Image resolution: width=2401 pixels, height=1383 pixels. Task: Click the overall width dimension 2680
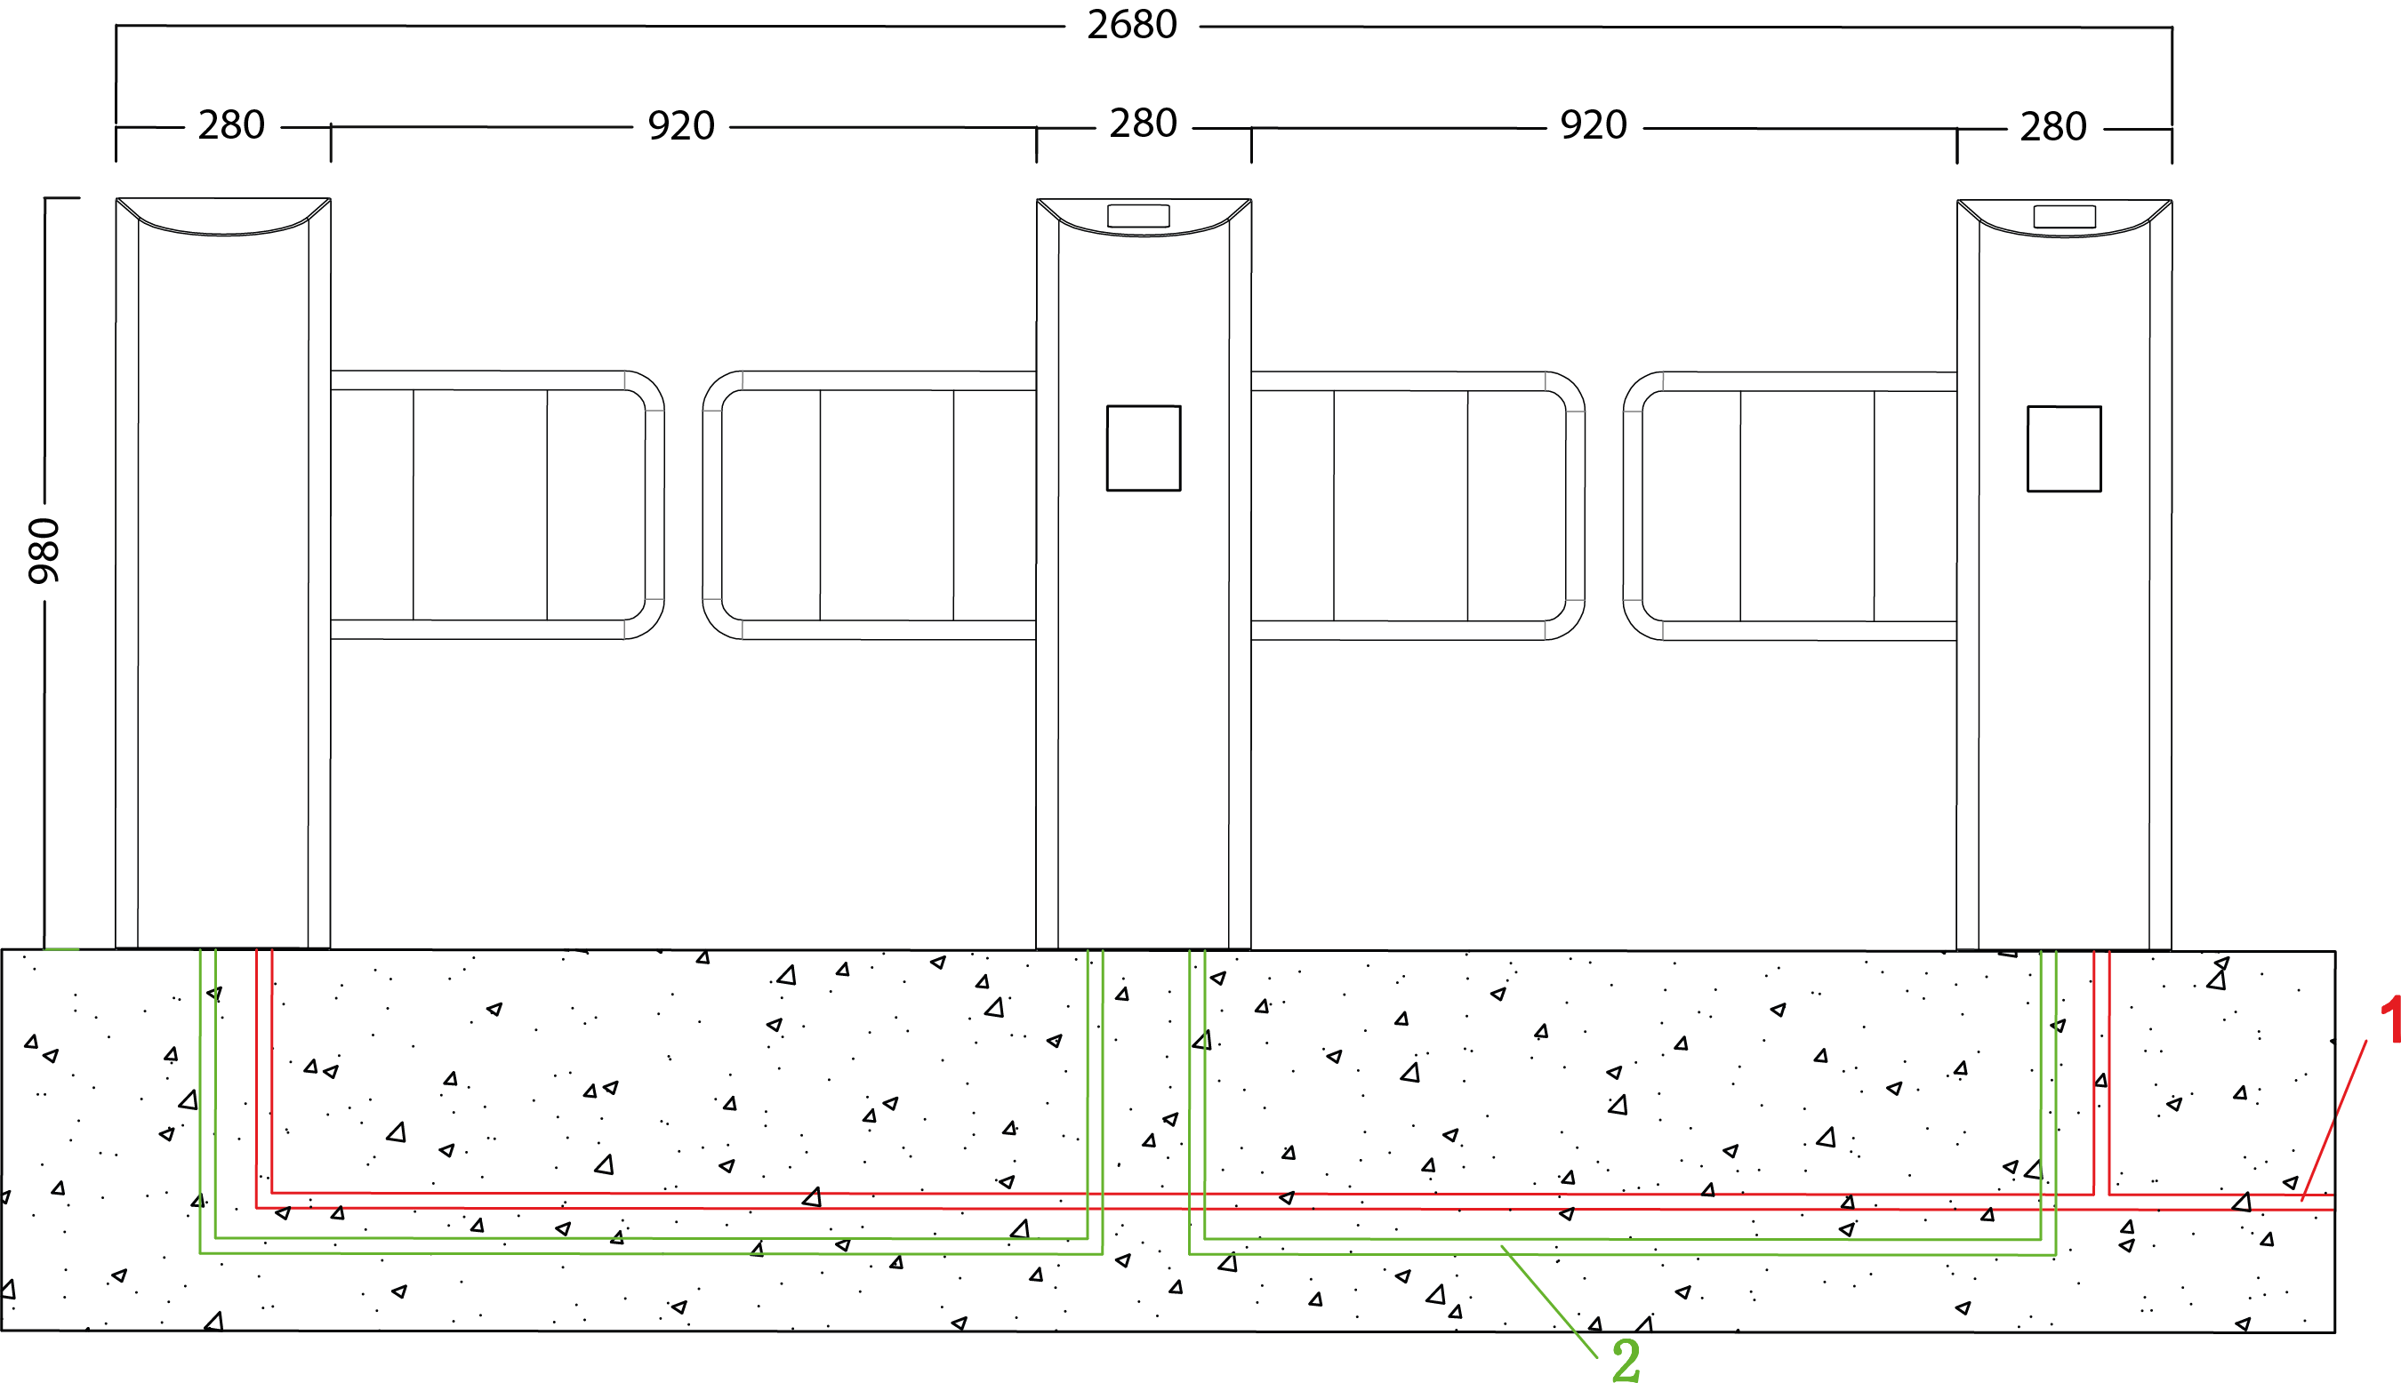coord(1132,25)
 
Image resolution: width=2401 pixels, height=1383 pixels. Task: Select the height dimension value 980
coord(44,551)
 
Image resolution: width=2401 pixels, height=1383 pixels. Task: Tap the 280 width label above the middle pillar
coord(1143,124)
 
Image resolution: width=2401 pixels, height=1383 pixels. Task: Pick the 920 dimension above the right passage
coord(1594,125)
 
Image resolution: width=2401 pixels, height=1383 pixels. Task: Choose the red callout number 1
coord(2389,1021)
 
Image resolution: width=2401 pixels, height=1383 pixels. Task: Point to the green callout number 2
coord(1626,1360)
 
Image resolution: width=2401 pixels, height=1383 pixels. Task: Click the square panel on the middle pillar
coord(1143,448)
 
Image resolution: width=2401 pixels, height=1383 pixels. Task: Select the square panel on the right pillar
coord(2064,449)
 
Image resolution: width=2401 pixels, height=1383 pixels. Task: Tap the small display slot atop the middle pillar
coord(1138,216)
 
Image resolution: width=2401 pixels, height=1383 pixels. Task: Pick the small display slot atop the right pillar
coord(2064,217)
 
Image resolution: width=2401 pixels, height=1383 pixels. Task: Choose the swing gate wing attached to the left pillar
coord(497,504)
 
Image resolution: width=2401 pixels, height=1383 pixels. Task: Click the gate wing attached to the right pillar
coord(1789,507)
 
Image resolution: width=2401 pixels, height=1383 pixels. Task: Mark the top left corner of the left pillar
coord(116,198)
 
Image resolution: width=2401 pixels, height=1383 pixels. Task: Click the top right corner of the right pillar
coord(2172,200)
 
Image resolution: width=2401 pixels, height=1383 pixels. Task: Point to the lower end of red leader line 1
coord(2302,1201)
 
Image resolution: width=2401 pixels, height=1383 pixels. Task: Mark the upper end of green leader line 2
coord(1501,1245)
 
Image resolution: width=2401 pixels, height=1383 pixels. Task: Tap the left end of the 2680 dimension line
coord(116,26)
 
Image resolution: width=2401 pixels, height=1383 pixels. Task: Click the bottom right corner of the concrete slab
coord(2334,1331)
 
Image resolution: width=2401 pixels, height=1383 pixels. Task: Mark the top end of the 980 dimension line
coord(44,198)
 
